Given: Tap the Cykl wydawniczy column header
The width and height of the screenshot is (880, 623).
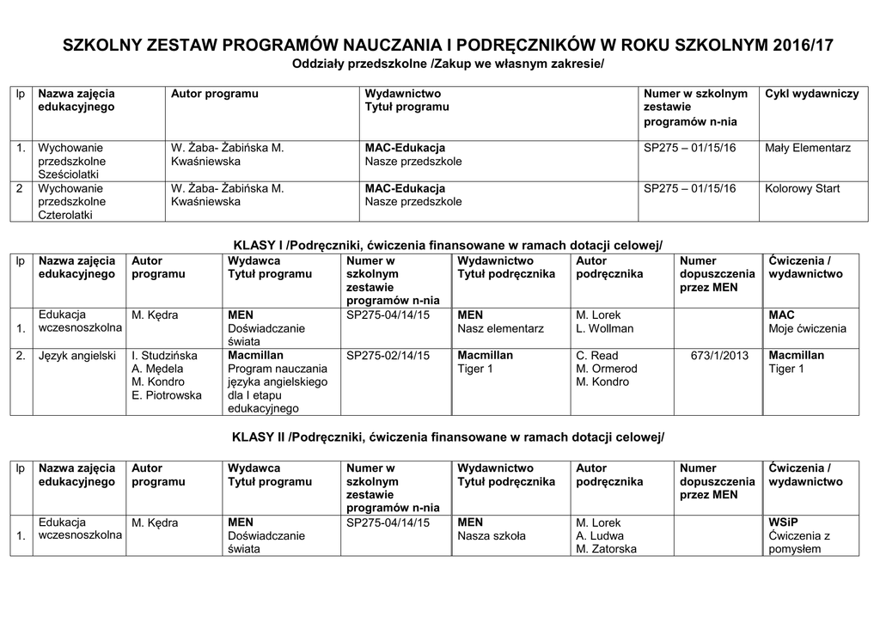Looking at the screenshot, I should click(811, 94).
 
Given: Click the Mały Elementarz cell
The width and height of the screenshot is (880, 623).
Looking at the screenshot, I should click(808, 148).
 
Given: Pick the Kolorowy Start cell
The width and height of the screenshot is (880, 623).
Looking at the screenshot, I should click(803, 188).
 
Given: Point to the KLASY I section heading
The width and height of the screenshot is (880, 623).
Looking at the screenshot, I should click(449, 245).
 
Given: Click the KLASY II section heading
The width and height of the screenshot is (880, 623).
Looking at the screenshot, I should click(449, 437).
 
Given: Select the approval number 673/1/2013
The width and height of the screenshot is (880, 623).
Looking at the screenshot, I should click(719, 355).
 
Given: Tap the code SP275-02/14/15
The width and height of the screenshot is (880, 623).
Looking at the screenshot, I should click(388, 355).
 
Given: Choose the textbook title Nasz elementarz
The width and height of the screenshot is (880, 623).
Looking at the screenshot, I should click(500, 328).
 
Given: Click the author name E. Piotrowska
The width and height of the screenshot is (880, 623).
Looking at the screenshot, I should click(167, 395).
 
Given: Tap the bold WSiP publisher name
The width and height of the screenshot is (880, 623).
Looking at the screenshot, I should click(785, 522).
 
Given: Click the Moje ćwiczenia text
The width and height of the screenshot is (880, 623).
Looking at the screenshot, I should click(808, 328).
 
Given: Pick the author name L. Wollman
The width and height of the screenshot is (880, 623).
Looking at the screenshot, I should click(604, 328).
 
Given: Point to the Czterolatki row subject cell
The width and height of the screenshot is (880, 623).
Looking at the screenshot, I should click(70, 202).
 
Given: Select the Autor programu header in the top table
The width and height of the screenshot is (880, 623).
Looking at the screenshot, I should click(215, 94).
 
